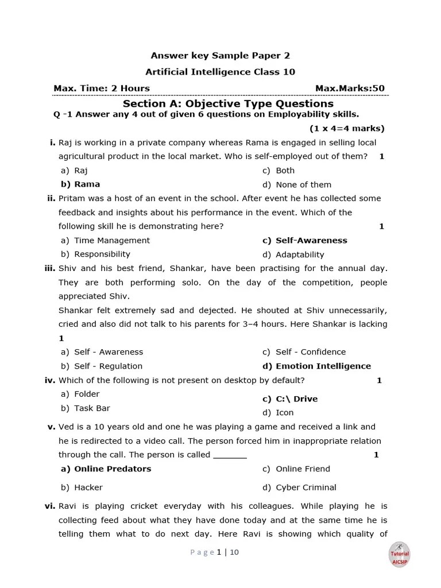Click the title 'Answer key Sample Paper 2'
pyautogui.click(x=220, y=56)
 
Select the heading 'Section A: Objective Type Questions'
pyautogui.click(x=228, y=103)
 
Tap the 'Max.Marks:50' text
pyautogui.click(x=350, y=88)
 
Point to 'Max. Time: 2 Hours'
pyautogui.click(x=102, y=88)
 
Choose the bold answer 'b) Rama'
pyautogui.click(x=80, y=184)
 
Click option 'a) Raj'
pyautogui.click(x=74, y=171)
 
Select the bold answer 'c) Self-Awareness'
pyautogui.click(x=304, y=241)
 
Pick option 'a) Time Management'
pyautogui.click(x=105, y=241)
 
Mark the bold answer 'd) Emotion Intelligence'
pyautogui.click(x=316, y=366)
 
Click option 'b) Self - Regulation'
pyautogui.click(x=102, y=366)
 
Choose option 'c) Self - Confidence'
pyautogui.click(x=304, y=352)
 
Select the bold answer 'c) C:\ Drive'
pyautogui.click(x=290, y=399)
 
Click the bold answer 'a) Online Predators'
pyautogui.click(x=106, y=469)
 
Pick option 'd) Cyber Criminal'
pyautogui.click(x=299, y=488)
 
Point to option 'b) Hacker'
pyautogui.click(x=82, y=488)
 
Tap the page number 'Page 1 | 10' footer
pyautogui.click(x=214, y=552)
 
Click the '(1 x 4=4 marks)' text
pyautogui.click(x=347, y=128)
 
